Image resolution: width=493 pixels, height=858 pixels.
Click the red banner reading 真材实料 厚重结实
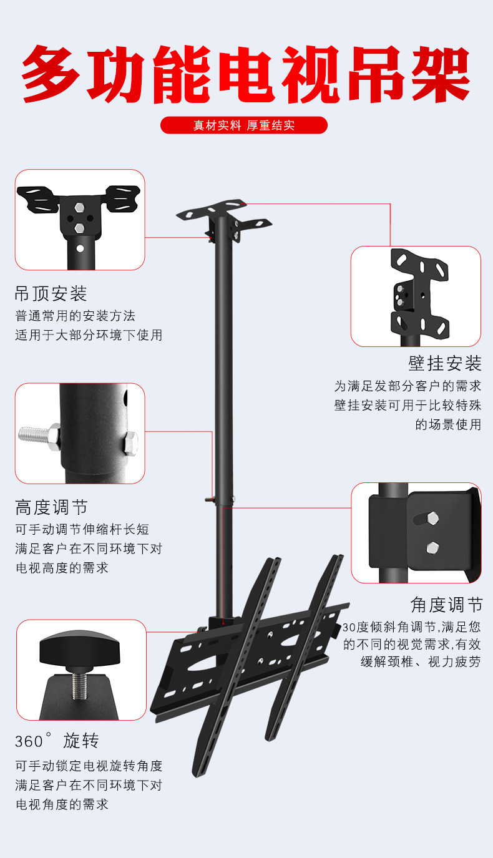point(244,125)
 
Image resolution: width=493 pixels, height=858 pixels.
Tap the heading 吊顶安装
point(51,293)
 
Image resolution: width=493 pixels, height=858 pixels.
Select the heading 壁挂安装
point(445,363)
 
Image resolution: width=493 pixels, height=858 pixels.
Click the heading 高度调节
point(51,507)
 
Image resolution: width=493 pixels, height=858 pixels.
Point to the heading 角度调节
point(446,605)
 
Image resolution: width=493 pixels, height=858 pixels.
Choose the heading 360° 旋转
point(57,741)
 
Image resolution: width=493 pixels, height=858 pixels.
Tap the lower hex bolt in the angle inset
point(431,548)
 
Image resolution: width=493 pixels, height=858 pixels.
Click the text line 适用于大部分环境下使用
point(89,335)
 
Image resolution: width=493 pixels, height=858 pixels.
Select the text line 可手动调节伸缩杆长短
point(82,529)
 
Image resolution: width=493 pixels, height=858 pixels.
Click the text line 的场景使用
point(448,425)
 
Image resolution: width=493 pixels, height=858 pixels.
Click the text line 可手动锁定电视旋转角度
point(89,766)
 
